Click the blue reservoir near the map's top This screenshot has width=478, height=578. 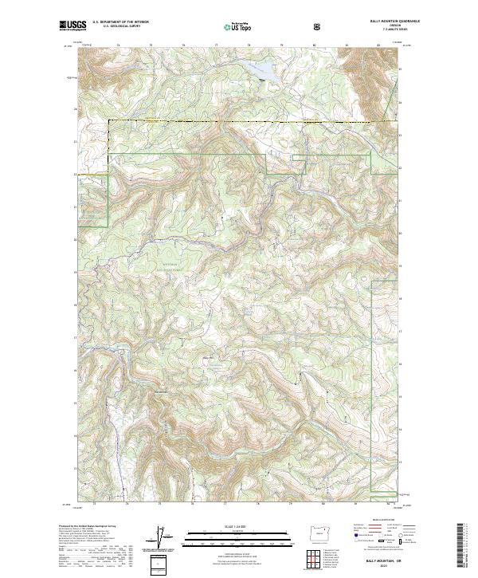click(261, 71)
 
